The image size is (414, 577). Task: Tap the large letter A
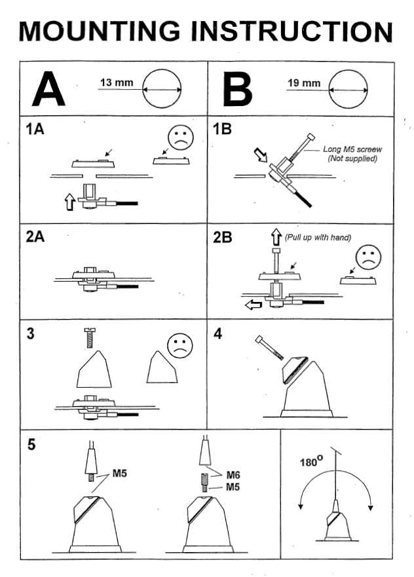pos(48,90)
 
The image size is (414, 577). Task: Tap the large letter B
pos(236,90)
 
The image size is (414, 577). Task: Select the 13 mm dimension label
pos(116,83)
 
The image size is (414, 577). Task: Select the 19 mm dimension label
pos(304,83)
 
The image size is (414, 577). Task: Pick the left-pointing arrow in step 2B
pos(252,305)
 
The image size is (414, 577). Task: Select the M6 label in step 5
pos(233,475)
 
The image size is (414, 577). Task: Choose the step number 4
pos(217,333)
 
